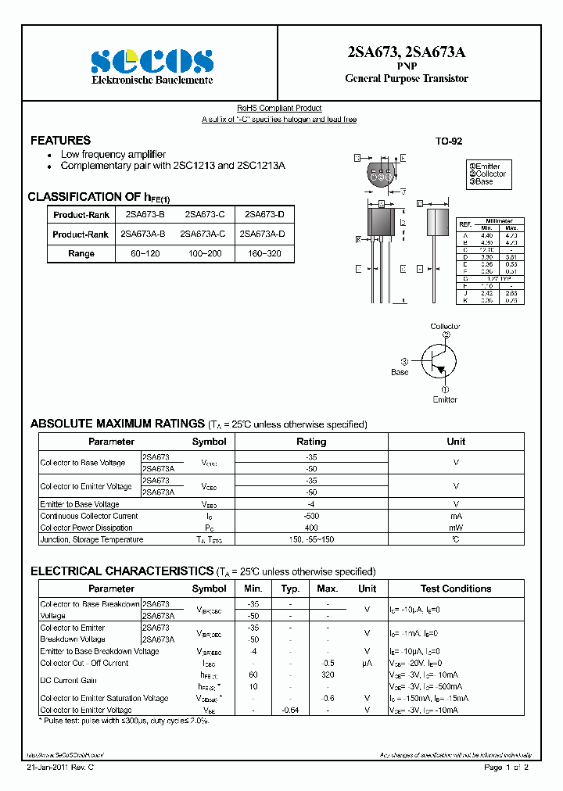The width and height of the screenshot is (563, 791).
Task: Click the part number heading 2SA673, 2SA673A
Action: point(406,53)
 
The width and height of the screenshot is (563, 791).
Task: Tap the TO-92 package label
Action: point(449,141)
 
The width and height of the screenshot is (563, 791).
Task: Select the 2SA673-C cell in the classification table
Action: point(205,214)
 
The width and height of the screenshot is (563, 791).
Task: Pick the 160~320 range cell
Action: point(264,253)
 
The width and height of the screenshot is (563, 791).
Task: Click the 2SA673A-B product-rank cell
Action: point(143,234)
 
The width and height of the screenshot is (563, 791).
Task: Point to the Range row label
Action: point(81,253)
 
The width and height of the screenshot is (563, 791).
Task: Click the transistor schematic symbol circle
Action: point(439,361)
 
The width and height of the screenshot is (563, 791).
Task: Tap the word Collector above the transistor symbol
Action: point(446,326)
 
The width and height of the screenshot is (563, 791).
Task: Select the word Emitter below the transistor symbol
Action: point(445,399)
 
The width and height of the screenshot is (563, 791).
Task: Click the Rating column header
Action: point(311,442)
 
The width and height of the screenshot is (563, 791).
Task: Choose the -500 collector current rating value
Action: point(311,516)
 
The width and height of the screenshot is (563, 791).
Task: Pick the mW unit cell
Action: point(456,528)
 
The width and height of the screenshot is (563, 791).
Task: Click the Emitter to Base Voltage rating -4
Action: point(311,504)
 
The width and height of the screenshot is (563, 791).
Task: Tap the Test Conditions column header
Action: point(456,589)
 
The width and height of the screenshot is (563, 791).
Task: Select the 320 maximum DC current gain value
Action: point(328,675)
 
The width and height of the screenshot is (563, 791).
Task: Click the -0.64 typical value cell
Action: point(290,710)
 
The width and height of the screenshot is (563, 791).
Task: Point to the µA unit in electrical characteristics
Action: point(367,663)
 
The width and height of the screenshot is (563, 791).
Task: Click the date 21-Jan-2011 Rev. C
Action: point(59,768)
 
